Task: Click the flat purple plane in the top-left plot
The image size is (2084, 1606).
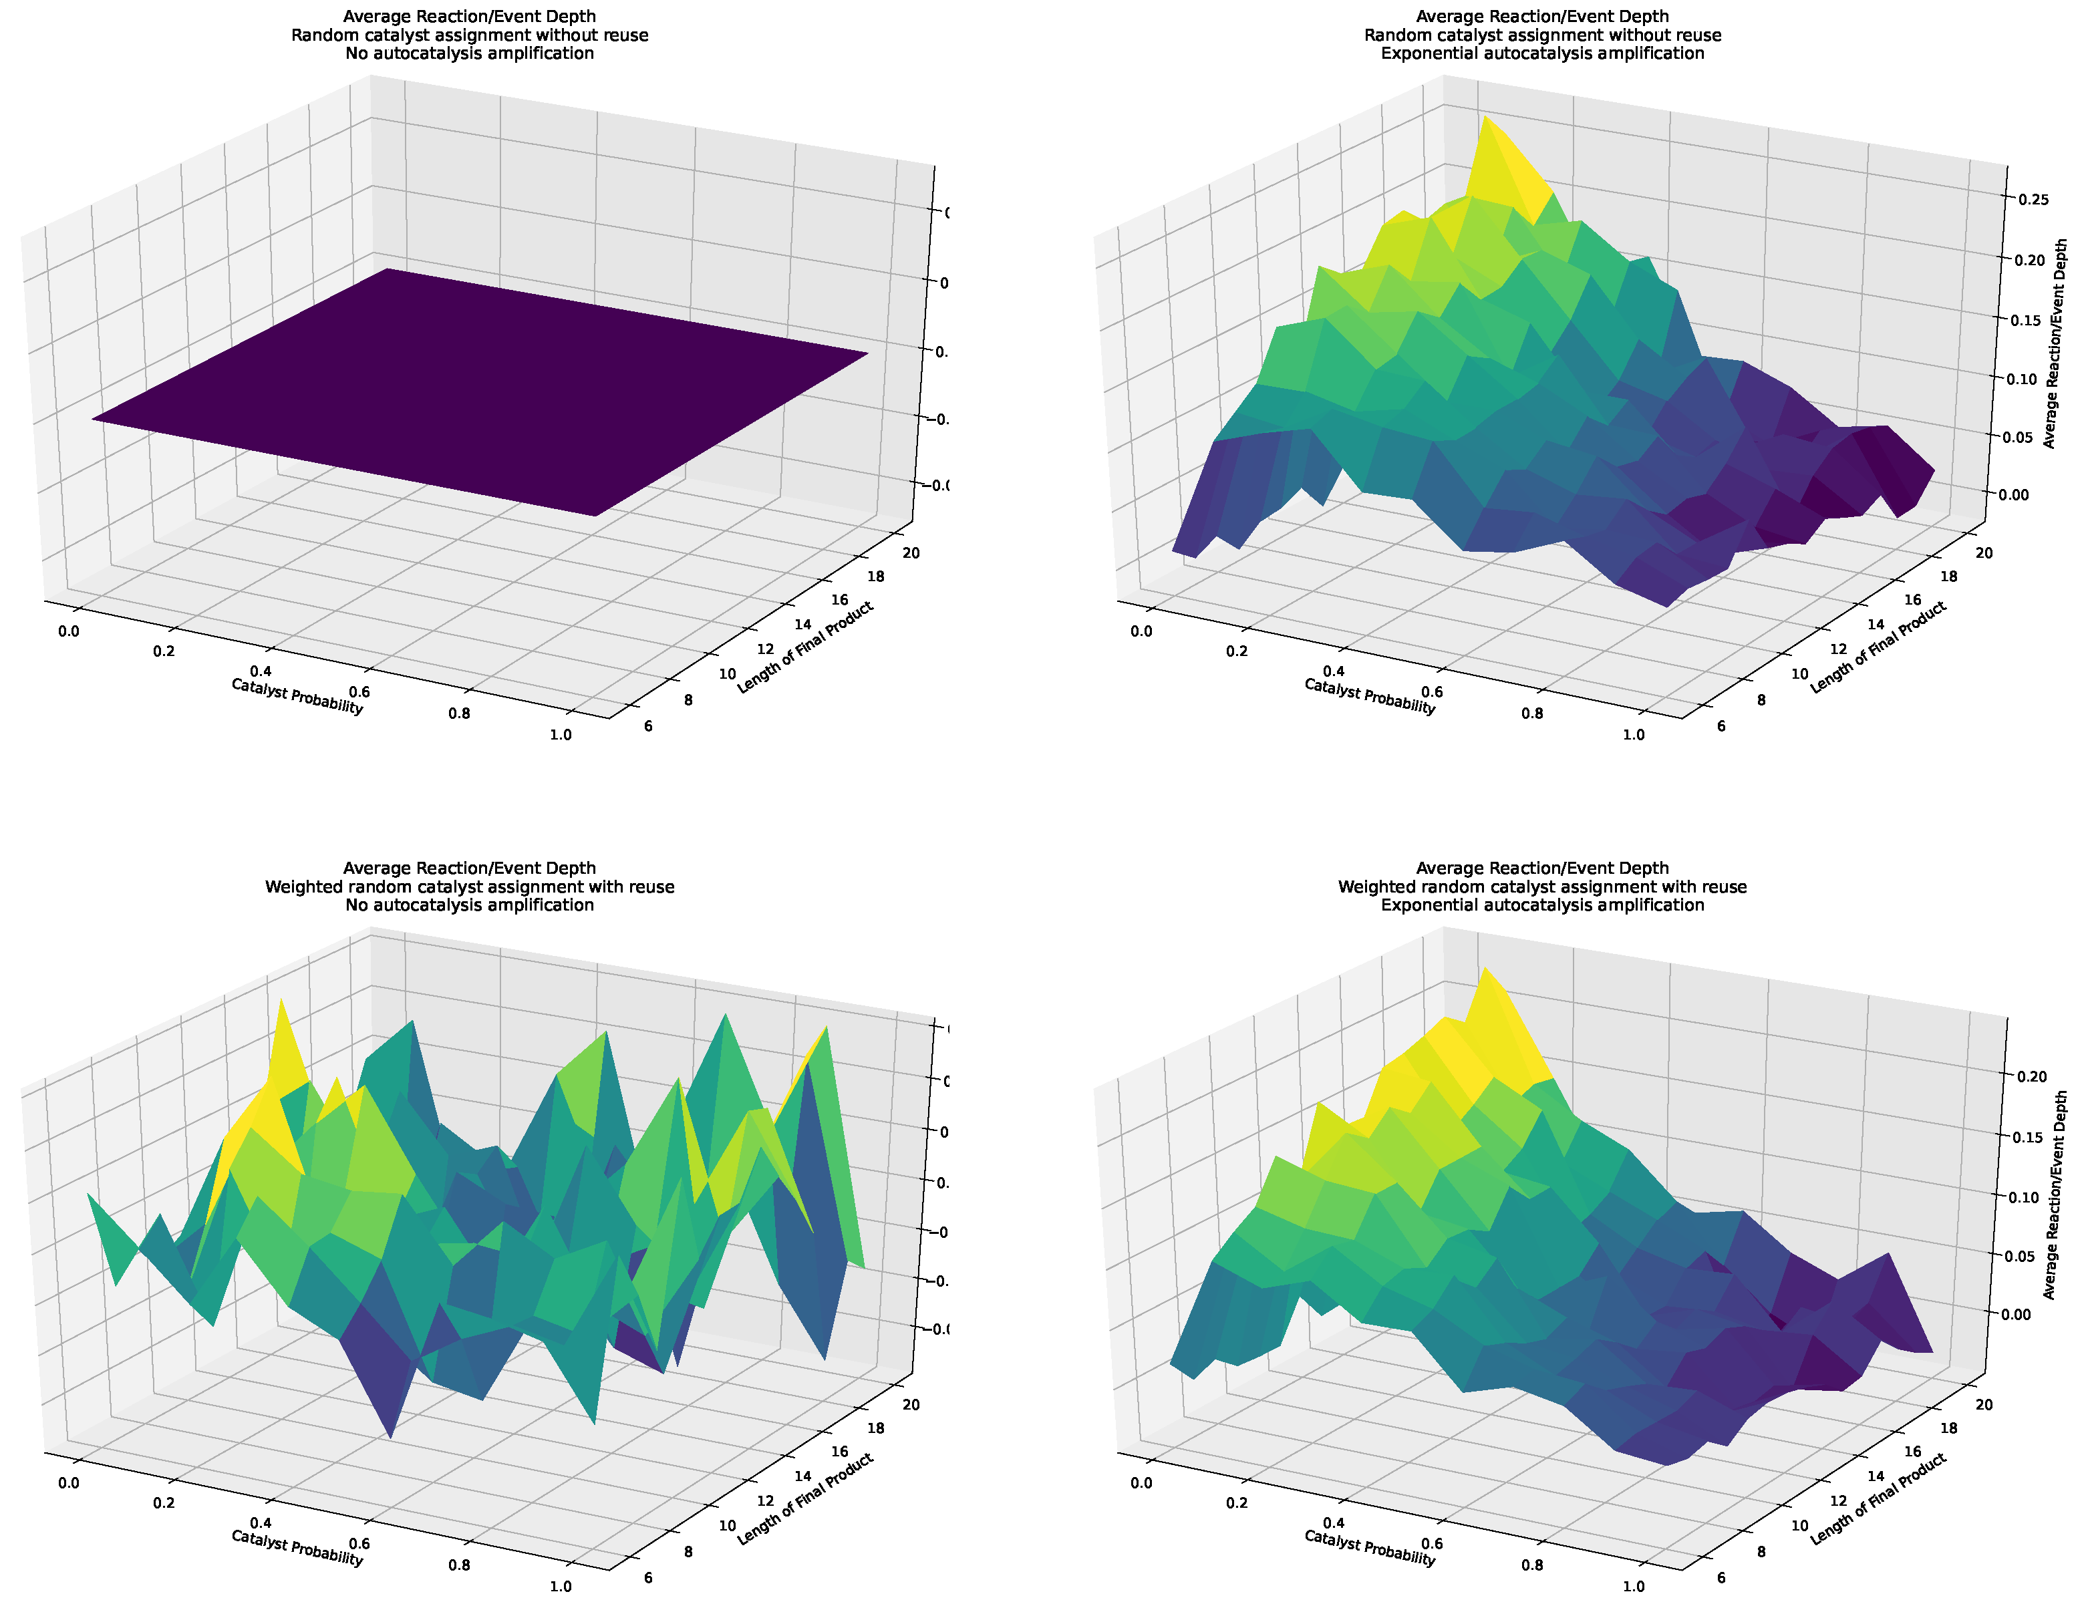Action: (477, 391)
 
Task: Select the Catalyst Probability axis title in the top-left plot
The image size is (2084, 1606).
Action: (297, 697)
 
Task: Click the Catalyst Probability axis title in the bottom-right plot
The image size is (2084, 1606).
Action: (1369, 1548)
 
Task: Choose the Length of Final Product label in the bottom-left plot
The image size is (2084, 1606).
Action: (804, 1498)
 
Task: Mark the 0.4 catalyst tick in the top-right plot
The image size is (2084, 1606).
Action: (1334, 672)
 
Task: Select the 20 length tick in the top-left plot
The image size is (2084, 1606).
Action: (910, 552)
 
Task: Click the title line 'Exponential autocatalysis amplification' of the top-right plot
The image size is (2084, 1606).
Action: (1542, 53)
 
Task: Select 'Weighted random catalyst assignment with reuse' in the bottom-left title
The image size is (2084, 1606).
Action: (470, 887)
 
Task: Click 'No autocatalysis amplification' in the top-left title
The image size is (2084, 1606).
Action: (470, 53)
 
